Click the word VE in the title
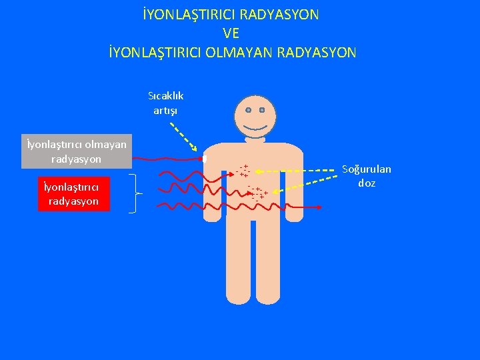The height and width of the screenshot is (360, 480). point(231,33)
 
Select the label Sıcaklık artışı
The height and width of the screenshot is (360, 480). point(166,103)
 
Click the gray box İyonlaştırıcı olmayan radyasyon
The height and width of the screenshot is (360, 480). point(76,151)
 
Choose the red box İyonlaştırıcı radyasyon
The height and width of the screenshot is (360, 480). point(73,194)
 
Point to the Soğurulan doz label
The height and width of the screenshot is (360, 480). point(367,176)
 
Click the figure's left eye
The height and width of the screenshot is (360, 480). point(248,109)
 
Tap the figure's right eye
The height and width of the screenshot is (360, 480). point(263,109)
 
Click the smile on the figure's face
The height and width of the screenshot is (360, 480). point(255,127)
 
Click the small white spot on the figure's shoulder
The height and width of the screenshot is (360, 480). point(205,159)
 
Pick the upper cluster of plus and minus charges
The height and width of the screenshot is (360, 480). point(243,171)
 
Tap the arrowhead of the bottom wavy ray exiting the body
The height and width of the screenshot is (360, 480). point(319,208)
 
